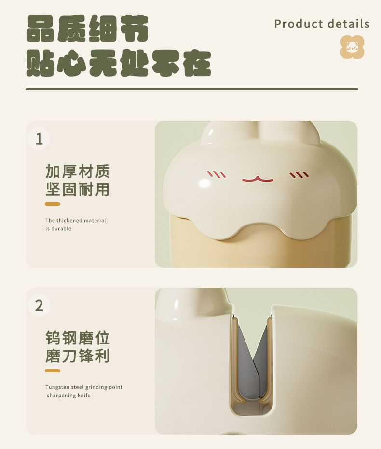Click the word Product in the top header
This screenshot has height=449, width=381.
tap(299, 24)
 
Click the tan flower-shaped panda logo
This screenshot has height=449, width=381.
tap(353, 47)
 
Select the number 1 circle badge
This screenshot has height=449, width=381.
tap(39, 139)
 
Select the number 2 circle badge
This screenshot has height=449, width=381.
tap(39, 305)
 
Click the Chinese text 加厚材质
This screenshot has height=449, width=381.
tap(77, 171)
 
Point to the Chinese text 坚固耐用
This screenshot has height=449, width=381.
tap(77, 189)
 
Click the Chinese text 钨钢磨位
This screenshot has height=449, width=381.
tap(77, 338)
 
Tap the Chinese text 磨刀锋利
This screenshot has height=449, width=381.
tap(77, 356)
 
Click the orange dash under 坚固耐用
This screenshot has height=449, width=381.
tap(53, 204)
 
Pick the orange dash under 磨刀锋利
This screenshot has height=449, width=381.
tap(53, 370)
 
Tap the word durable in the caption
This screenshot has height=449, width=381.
tap(61, 229)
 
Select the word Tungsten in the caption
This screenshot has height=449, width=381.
tap(57, 387)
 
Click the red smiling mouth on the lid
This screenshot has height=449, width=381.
tap(258, 180)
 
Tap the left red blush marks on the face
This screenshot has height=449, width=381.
tap(217, 174)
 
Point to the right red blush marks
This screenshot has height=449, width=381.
tap(299, 175)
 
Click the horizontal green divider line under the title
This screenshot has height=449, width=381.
tap(192, 89)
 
